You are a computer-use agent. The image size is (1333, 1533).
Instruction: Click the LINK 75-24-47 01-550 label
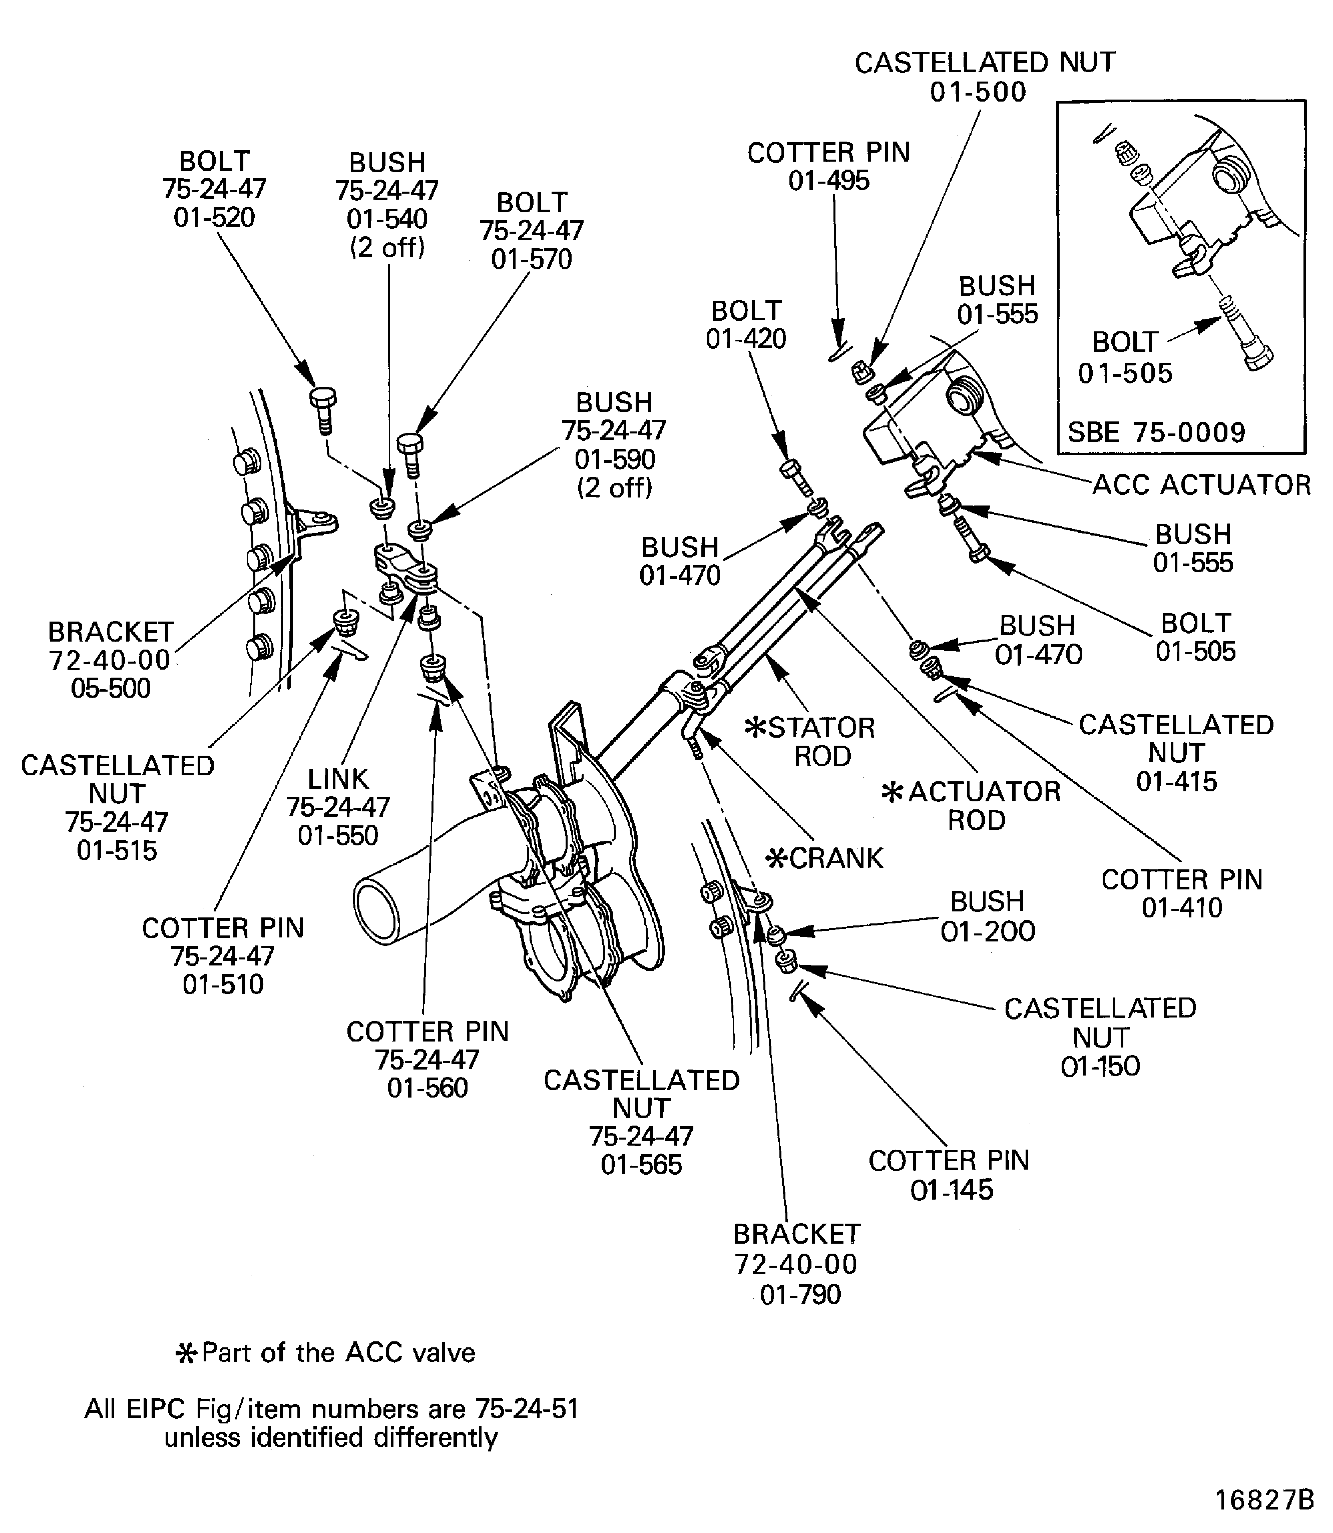point(338,807)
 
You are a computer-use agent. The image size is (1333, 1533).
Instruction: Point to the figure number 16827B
point(1264,1499)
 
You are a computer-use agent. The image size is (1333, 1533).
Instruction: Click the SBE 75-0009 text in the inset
point(1157,432)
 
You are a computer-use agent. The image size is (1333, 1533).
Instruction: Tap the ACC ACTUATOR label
point(1201,485)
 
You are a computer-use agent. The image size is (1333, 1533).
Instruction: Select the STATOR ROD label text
point(811,742)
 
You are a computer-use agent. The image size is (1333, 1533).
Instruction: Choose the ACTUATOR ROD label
point(972,806)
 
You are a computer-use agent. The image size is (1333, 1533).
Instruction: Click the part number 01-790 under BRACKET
point(800,1295)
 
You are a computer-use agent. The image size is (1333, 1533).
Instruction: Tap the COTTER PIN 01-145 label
point(949,1175)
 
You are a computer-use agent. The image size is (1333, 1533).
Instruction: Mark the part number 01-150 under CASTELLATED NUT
point(1100,1067)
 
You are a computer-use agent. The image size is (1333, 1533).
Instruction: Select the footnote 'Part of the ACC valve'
point(325,1352)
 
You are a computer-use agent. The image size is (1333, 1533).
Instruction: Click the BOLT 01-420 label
point(746,324)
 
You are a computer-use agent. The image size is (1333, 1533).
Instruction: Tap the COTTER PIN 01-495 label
point(828,167)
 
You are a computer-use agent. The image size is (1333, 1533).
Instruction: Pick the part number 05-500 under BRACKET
point(111,689)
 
